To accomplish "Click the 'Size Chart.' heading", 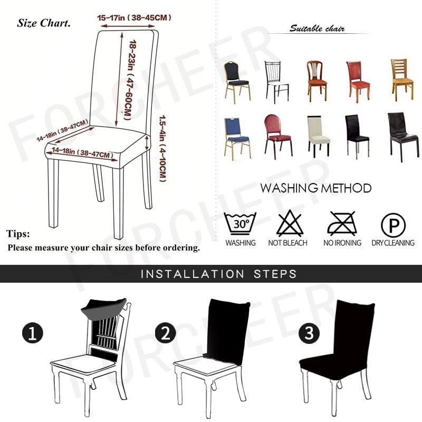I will tap(44, 23).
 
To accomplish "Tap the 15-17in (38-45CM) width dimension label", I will tap(135, 18).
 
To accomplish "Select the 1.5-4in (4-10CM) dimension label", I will tap(163, 148).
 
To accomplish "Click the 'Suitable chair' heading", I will tap(316, 28).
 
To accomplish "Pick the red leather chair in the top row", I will tap(358, 80).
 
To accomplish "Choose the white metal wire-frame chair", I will tap(276, 81).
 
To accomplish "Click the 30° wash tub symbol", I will tap(240, 224).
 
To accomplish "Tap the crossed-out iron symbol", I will tap(342, 224).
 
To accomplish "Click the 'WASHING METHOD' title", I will tap(315, 188).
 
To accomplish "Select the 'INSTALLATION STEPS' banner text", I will tap(218, 274).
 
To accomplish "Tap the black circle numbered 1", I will tap(32, 333).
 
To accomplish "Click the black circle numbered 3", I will tap(309, 333).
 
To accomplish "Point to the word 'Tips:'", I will tap(18, 234).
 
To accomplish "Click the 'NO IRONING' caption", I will tap(342, 243).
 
